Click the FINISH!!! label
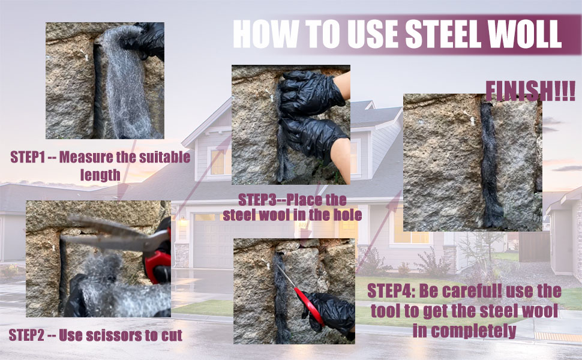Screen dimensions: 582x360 pyautogui.click(x=530, y=91)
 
